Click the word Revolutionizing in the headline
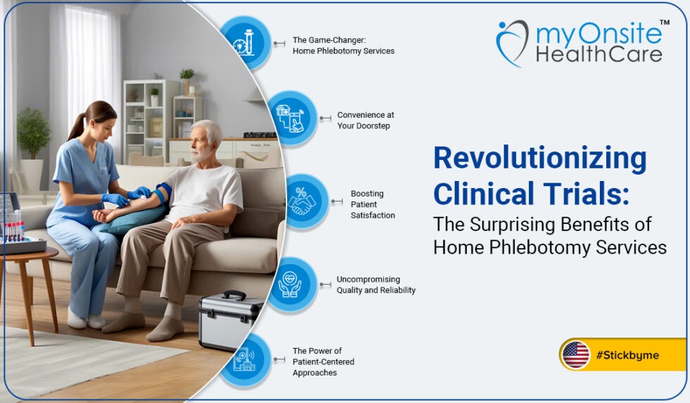coord(539,160)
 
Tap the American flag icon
coord(576,354)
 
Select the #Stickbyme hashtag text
coord(627,355)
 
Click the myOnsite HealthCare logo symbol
coord(512,42)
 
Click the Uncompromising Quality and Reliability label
coord(376,285)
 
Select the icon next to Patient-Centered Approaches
coord(244,361)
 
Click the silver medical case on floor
coord(230,321)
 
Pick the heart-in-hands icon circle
coord(290,284)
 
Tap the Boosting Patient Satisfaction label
coord(372,204)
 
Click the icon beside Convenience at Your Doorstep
coord(291,117)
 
